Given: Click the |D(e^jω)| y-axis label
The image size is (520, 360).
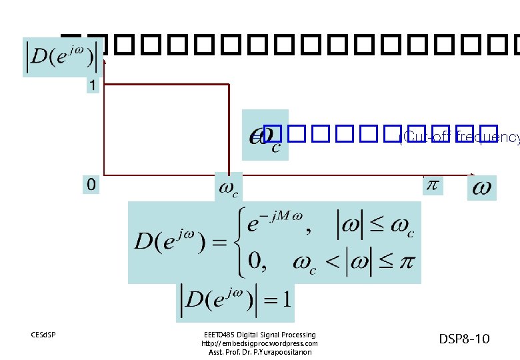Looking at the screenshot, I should [60, 57].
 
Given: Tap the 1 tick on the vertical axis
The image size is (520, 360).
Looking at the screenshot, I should [92, 86].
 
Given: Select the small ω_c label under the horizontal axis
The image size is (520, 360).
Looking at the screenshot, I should [228, 189].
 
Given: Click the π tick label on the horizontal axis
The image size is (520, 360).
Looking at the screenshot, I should [432, 185].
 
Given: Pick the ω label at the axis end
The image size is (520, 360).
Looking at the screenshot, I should [482, 189].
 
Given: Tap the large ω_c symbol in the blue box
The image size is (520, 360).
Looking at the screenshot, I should [265, 135].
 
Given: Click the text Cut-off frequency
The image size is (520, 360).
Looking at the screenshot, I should [460, 138].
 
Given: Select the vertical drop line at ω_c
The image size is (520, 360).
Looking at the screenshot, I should [229, 130].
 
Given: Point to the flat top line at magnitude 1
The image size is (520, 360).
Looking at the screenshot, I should [167, 85].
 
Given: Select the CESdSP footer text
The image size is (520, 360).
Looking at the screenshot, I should [43, 334].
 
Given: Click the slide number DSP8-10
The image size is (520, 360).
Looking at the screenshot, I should [464, 339].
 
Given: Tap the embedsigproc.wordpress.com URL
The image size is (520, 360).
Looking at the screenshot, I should [259, 343].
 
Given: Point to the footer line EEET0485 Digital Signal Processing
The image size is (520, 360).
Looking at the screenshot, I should [259, 335].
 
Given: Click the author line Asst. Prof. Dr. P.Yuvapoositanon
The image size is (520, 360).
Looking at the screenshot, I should [259, 352].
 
